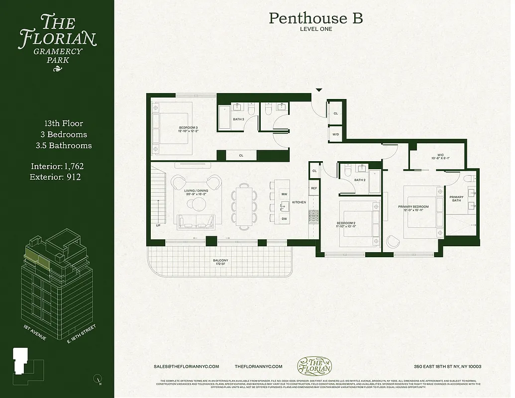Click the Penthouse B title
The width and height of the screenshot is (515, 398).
315,18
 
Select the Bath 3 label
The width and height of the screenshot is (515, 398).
238,119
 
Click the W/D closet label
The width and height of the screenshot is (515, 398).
335,134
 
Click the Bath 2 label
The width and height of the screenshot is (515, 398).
360,180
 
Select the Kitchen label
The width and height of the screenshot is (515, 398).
299,202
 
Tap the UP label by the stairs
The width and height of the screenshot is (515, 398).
158,225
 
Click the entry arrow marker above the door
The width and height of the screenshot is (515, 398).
319,90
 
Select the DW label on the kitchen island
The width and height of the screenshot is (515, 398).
284,219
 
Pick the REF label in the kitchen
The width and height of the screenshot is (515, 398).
314,188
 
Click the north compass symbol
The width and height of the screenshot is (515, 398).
98,380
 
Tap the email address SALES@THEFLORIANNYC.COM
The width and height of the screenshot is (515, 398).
187,367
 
